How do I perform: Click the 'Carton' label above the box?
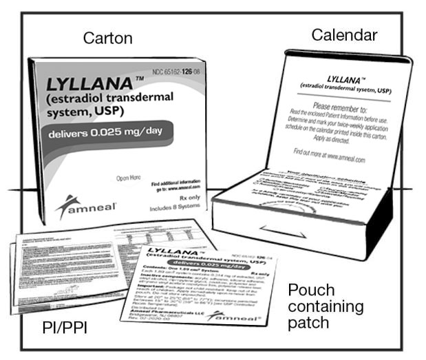[107, 38]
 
